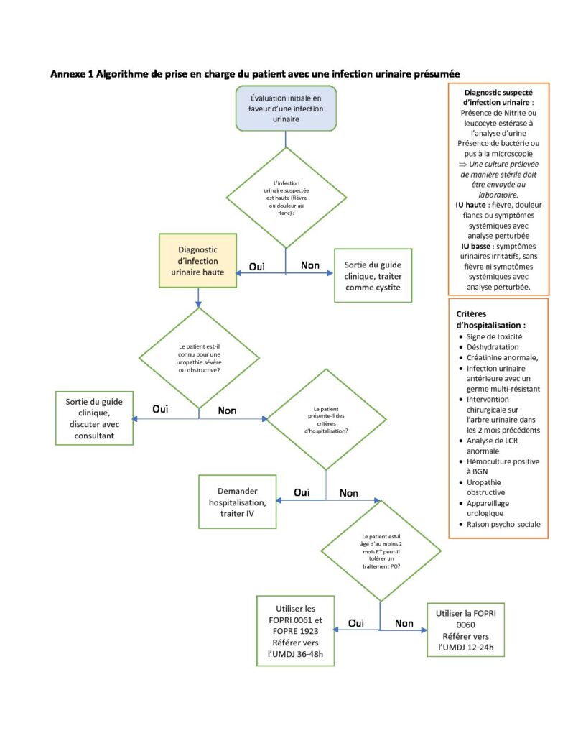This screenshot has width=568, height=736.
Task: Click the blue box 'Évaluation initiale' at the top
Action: point(286,109)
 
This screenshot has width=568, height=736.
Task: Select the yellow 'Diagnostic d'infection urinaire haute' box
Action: point(197,260)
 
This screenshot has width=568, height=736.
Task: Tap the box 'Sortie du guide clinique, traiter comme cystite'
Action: point(373,275)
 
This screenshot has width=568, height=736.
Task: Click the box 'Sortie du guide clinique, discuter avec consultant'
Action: point(94,418)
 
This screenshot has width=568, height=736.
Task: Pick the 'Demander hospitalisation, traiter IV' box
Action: point(238,502)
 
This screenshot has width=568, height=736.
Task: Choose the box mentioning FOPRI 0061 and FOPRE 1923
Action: point(296,631)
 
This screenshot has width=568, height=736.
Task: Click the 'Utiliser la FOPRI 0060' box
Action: point(466,630)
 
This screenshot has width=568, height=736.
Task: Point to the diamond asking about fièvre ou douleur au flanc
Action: point(286,198)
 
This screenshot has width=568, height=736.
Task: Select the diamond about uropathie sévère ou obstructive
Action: point(199,358)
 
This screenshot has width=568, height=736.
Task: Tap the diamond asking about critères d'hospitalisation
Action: point(326,420)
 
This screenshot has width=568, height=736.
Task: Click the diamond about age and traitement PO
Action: point(381,551)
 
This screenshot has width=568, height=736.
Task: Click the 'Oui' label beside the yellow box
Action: point(256,267)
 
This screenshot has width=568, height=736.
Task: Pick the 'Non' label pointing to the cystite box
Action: point(310,266)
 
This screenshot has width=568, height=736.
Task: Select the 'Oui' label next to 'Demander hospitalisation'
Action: point(302,492)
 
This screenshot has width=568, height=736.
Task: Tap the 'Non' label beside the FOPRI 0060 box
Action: point(404,623)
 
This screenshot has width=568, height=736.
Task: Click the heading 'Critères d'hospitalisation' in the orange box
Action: point(490,320)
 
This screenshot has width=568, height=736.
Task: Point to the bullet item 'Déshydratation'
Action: point(493,347)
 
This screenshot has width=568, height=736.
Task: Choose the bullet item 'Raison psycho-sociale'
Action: point(503,524)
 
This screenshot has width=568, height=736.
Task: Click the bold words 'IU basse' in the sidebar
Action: point(475,246)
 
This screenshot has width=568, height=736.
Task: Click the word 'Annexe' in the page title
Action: point(68,74)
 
